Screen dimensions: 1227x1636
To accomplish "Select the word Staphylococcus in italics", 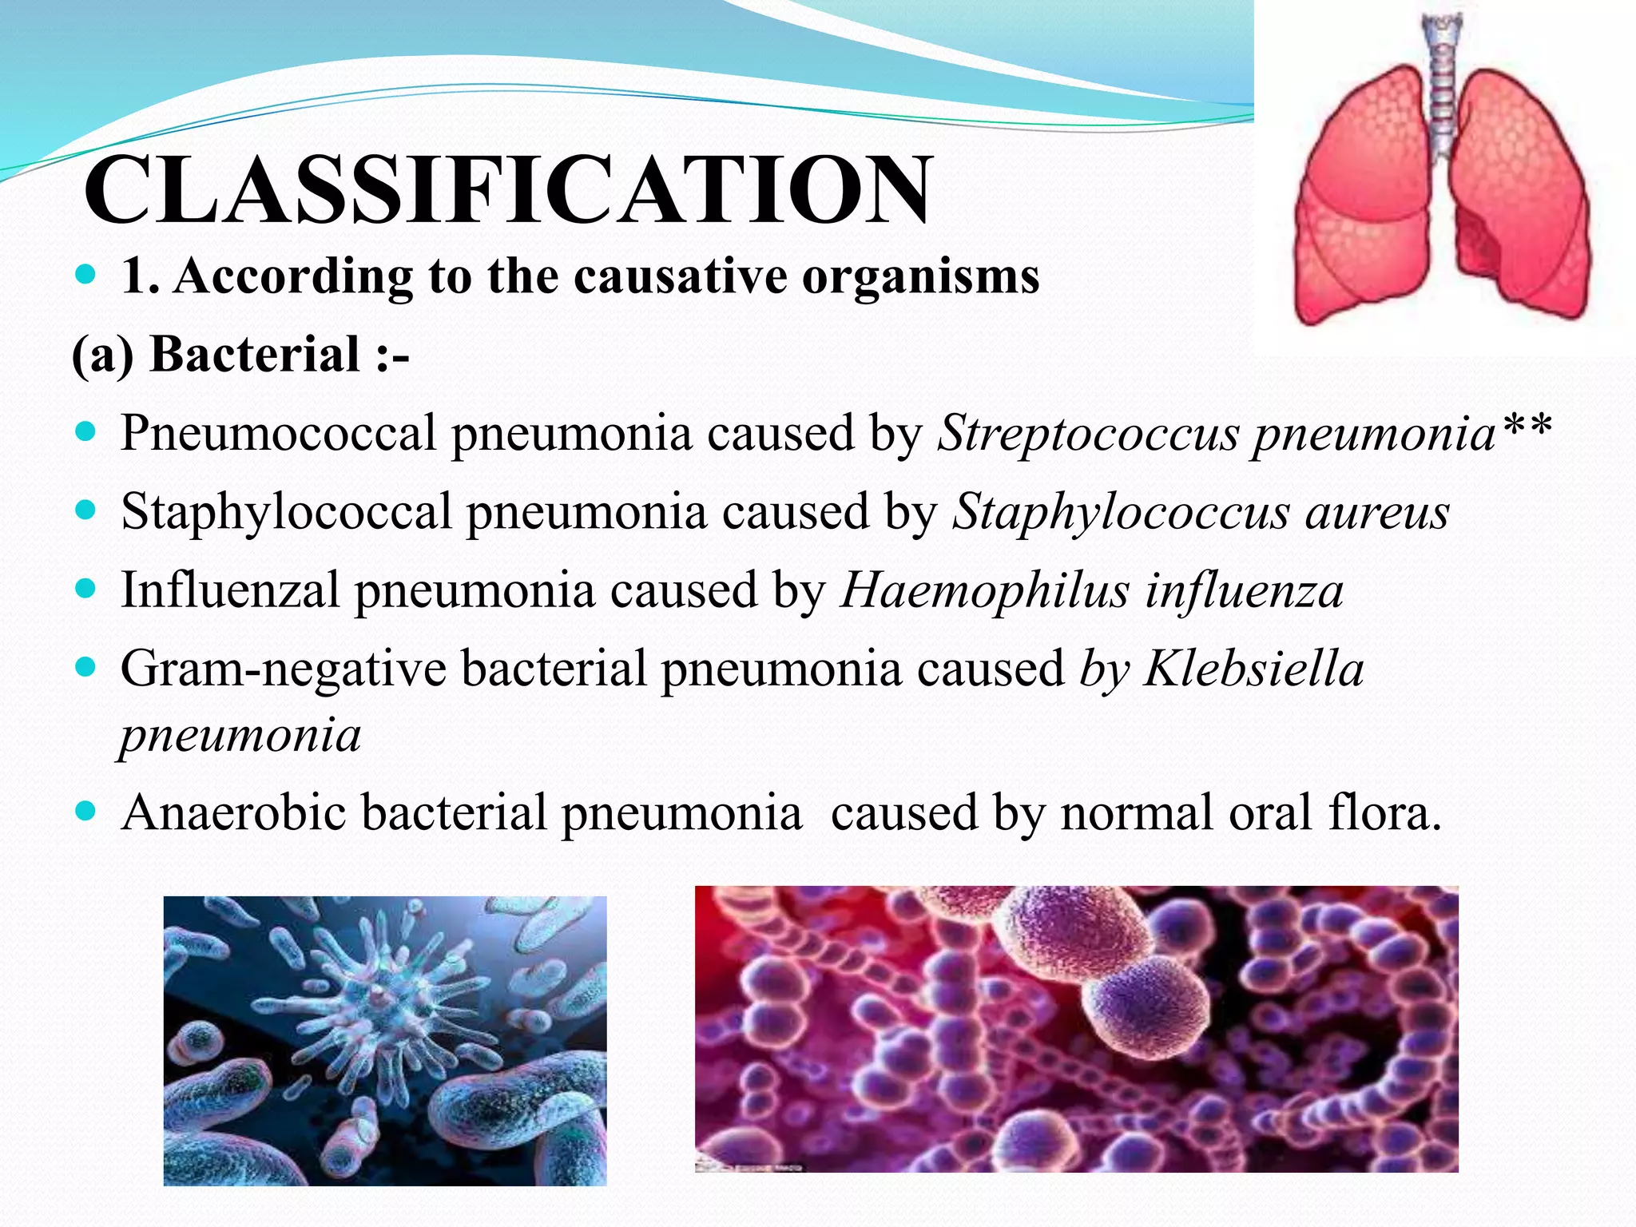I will pyautogui.click(x=1121, y=512).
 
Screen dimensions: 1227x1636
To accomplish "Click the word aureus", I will pyautogui.click(x=1377, y=512).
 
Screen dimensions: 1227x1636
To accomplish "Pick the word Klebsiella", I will pyautogui.click(x=1253, y=669).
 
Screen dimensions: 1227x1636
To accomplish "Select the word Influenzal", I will pyautogui.click(x=230, y=591).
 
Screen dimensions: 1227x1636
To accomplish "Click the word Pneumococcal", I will pyautogui.click(x=277, y=434).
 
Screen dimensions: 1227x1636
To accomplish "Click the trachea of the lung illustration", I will pyautogui.click(x=1442, y=88).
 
